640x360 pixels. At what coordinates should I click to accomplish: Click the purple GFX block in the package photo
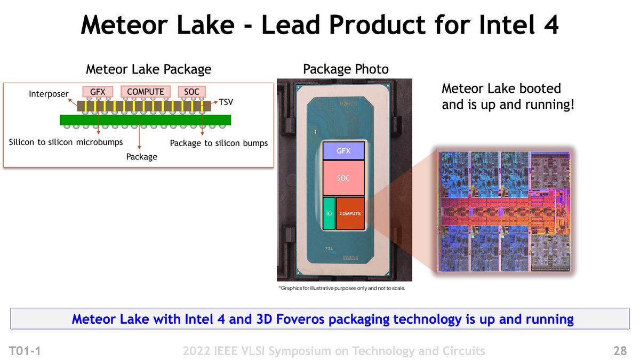(343, 151)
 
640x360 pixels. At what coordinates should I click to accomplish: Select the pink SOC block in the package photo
(343, 178)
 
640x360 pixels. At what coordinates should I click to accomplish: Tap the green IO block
(329, 213)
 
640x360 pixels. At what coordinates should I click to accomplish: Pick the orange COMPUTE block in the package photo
(350, 213)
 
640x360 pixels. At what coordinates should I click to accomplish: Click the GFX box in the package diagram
(98, 92)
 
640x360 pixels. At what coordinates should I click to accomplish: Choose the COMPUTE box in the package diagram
(146, 92)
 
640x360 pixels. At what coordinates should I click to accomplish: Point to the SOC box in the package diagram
(191, 92)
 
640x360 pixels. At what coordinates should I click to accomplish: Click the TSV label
(227, 101)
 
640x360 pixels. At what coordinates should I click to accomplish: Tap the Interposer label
(49, 94)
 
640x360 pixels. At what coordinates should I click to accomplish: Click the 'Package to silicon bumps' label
(219, 143)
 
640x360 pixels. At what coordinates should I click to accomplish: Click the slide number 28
(620, 350)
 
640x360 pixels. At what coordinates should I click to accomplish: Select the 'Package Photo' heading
(346, 69)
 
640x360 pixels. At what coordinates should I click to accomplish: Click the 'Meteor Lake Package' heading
(148, 69)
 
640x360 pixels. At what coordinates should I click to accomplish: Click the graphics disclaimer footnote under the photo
(342, 289)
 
